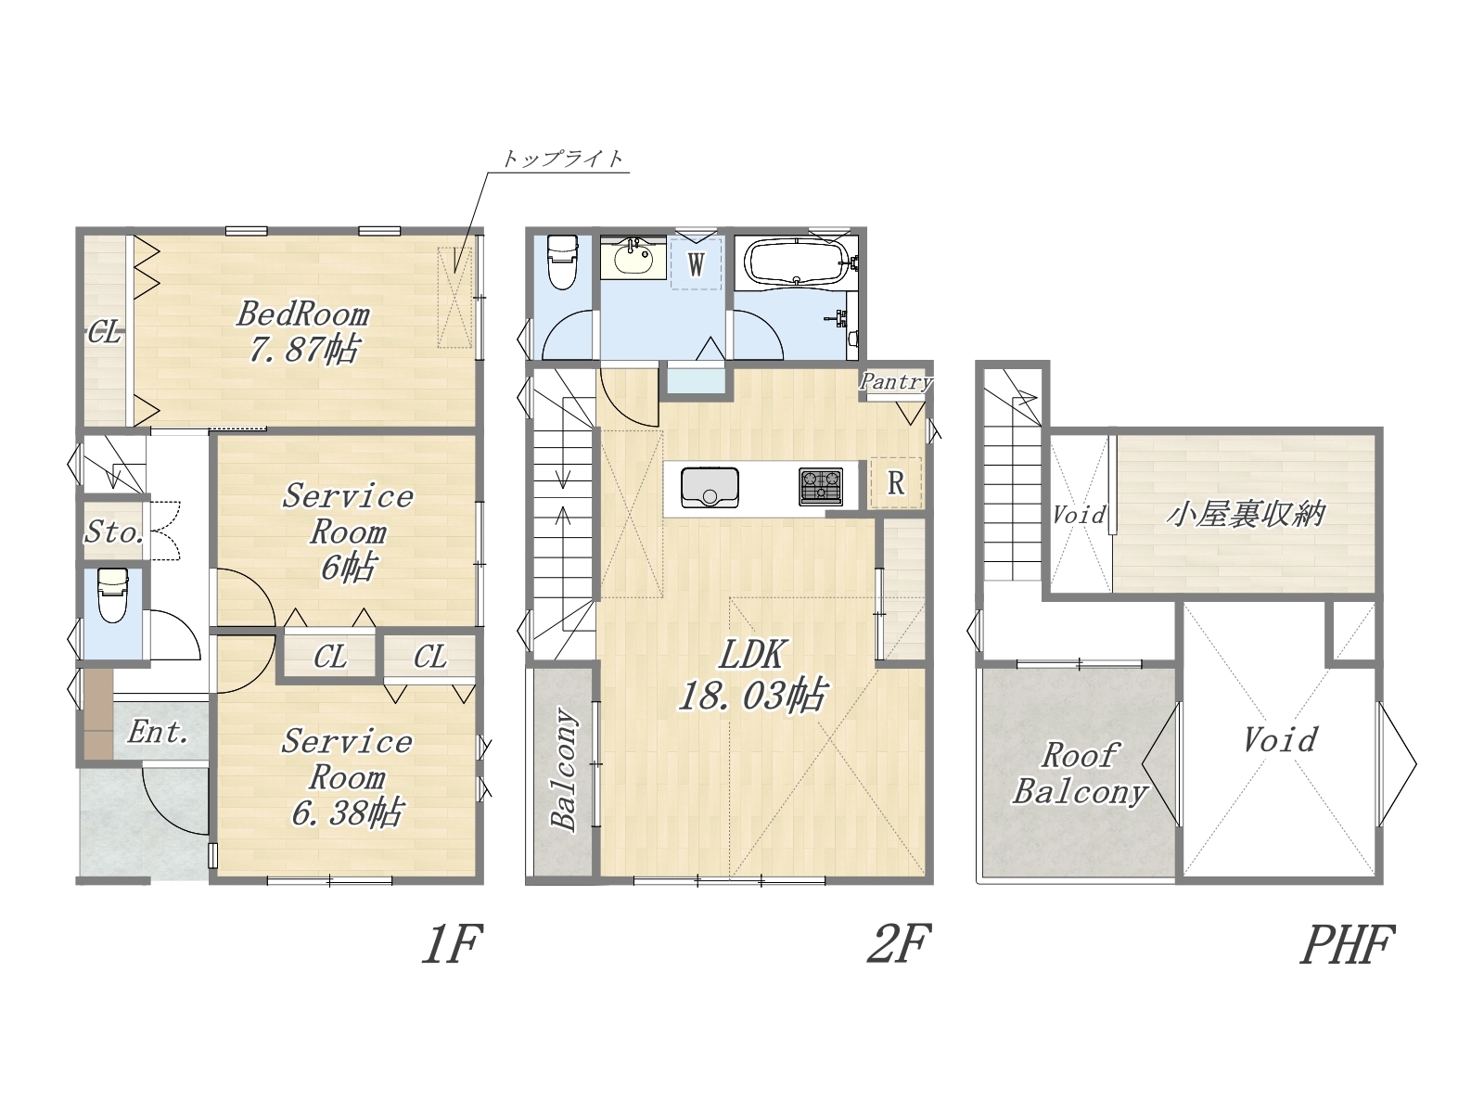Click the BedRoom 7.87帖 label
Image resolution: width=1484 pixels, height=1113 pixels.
pyautogui.click(x=303, y=332)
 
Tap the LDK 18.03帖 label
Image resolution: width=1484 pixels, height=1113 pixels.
pyautogui.click(x=752, y=674)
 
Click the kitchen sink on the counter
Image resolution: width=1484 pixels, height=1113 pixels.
pyautogui.click(x=710, y=487)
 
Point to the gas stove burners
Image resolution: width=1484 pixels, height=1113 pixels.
pyautogui.click(x=821, y=487)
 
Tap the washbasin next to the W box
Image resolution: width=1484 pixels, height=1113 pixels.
pyautogui.click(x=633, y=258)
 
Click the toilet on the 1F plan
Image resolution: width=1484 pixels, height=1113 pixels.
pyautogui.click(x=113, y=595)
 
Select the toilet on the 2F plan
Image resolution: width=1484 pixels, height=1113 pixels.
pyautogui.click(x=561, y=262)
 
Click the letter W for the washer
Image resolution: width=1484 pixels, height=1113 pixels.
pyautogui.click(x=697, y=265)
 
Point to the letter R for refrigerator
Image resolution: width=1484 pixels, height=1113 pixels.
pyautogui.click(x=896, y=483)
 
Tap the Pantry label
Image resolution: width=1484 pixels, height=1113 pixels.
pyautogui.click(x=896, y=381)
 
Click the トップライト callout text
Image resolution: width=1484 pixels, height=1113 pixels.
pyautogui.click(x=562, y=159)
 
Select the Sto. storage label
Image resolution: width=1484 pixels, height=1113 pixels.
pyautogui.click(x=113, y=531)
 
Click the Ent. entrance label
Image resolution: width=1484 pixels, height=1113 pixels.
pyautogui.click(x=159, y=732)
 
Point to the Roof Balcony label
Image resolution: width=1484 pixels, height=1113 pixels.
pyautogui.click(x=1080, y=774)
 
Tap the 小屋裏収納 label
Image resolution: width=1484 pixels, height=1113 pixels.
pyautogui.click(x=1246, y=515)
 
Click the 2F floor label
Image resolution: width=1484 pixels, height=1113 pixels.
pyautogui.click(x=899, y=943)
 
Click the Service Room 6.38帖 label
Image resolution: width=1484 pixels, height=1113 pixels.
pyautogui.click(x=347, y=777)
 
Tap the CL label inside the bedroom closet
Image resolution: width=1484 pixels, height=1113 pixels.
pyautogui.click(x=104, y=332)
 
